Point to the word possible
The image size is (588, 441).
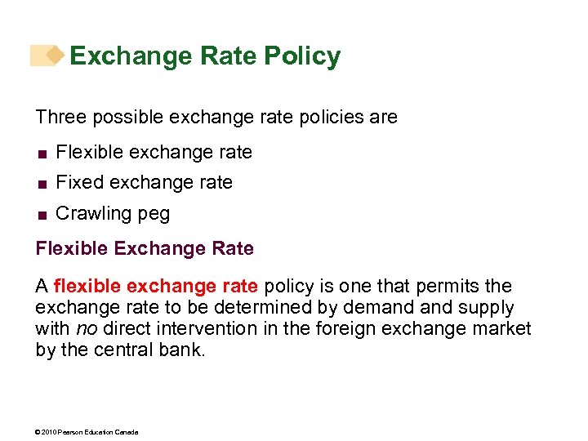pyautogui.click(x=127, y=117)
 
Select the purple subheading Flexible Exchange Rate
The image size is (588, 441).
pyautogui.click(x=145, y=248)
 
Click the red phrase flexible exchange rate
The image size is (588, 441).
pyautogui.click(x=156, y=286)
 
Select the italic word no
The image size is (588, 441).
pyautogui.click(x=86, y=329)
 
